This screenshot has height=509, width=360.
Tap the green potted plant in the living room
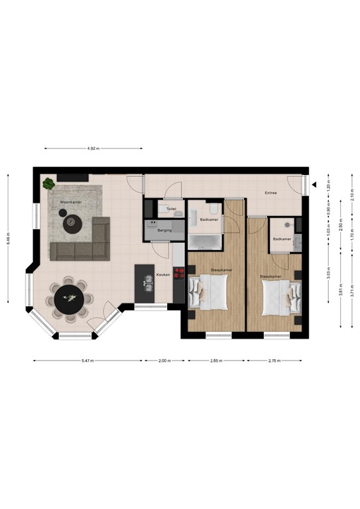[x=48, y=184]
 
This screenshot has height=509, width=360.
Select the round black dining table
[x=68, y=298]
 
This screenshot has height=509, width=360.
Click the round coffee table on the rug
[x=72, y=223]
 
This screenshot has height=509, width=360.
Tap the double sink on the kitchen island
[x=147, y=284]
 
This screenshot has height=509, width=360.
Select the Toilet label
[x=171, y=209]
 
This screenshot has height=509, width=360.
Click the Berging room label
[x=164, y=230]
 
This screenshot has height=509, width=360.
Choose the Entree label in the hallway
[x=270, y=193]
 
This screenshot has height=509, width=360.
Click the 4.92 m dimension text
[x=93, y=148]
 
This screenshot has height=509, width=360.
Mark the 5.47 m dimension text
[x=88, y=361]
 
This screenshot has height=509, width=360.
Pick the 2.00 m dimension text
[x=164, y=361]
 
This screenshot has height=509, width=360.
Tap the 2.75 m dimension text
[x=274, y=361]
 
